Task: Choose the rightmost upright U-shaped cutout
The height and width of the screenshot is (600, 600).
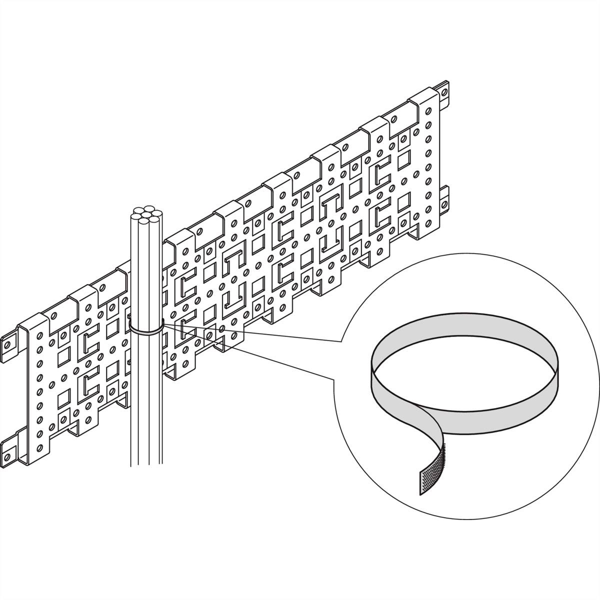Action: coord(331,240)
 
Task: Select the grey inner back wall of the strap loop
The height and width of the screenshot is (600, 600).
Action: coord(465,332)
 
